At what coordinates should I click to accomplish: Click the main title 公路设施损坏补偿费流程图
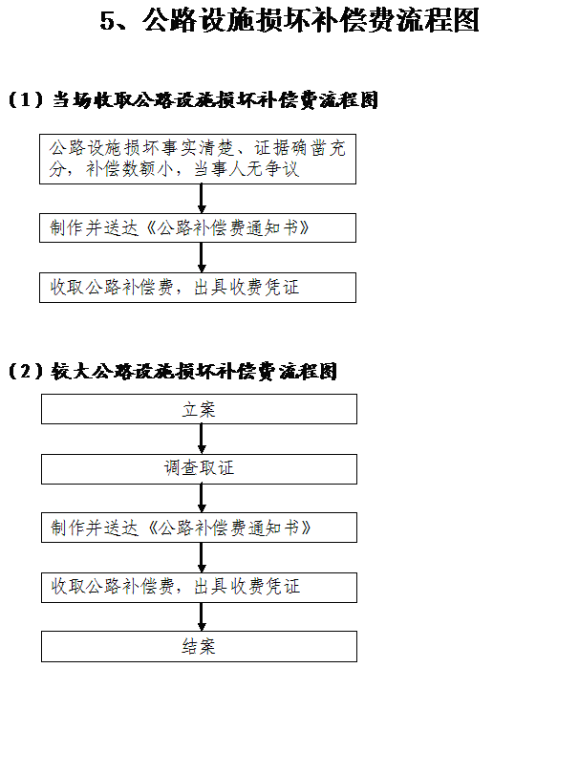[311, 20]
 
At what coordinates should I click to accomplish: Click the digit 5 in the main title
[107, 21]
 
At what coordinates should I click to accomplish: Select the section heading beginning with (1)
[193, 100]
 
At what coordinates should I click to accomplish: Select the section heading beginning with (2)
[173, 371]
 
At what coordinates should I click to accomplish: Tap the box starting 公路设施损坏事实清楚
[198, 159]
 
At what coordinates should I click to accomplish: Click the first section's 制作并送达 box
[198, 227]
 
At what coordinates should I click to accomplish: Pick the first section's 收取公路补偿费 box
[198, 288]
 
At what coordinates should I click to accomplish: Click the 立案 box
[199, 409]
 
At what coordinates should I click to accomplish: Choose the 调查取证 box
[199, 469]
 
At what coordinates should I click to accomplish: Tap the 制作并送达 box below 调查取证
[199, 528]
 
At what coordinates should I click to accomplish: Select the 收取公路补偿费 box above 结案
[199, 588]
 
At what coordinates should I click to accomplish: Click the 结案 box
[199, 646]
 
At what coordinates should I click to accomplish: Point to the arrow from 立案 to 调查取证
[202, 439]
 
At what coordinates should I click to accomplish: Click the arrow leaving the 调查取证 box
[202, 498]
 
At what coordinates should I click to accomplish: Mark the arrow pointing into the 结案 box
[202, 616]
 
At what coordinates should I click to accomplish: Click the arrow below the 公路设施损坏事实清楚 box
[202, 199]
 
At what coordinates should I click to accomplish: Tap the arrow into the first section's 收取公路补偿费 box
[202, 257]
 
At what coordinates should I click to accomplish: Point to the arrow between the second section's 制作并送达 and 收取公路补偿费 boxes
[202, 558]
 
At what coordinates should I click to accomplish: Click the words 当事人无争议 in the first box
[247, 169]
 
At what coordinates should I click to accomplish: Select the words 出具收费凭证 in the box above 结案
[247, 587]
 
